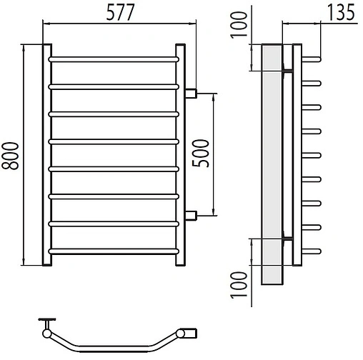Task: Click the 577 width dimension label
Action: (x=121, y=12)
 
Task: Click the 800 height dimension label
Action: (x=10, y=156)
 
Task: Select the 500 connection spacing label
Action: (x=201, y=154)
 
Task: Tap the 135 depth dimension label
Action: (x=341, y=12)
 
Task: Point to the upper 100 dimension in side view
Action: (x=239, y=25)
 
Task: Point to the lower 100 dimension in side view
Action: (x=239, y=285)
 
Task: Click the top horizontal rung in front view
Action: (x=114, y=59)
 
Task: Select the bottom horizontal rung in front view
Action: (x=114, y=251)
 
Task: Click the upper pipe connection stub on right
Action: (x=191, y=94)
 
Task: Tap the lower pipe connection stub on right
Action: (x=191, y=216)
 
